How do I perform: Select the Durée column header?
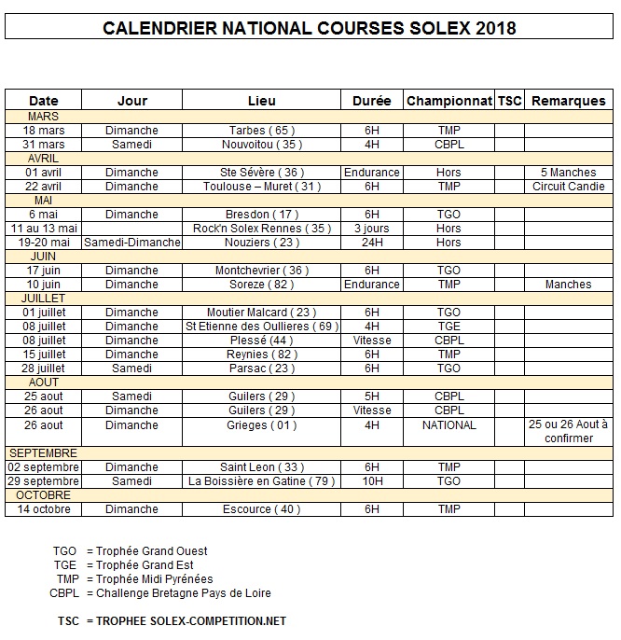(x=371, y=101)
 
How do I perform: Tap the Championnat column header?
(x=448, y=101)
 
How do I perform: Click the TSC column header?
(x=509, y=101)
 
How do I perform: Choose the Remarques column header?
(x=568, y=101)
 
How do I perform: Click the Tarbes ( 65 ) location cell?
(x=261, y=131)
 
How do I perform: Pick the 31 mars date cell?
(x=44, y=145)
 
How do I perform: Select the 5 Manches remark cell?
(x=568, y=173)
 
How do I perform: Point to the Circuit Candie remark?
(x=568, y=187)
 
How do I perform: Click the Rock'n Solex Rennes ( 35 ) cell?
(x=261, y=229)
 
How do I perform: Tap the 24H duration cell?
(x=371, y=243)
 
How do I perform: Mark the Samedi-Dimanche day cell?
(x=131, y=243)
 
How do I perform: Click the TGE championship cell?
(x=448, y=327)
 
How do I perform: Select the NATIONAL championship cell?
(x=448, y=425)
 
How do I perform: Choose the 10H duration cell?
(x=371, y=481)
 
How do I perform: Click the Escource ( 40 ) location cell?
(x=261, y=509)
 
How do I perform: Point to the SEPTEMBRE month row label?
(x=44, y=453)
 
